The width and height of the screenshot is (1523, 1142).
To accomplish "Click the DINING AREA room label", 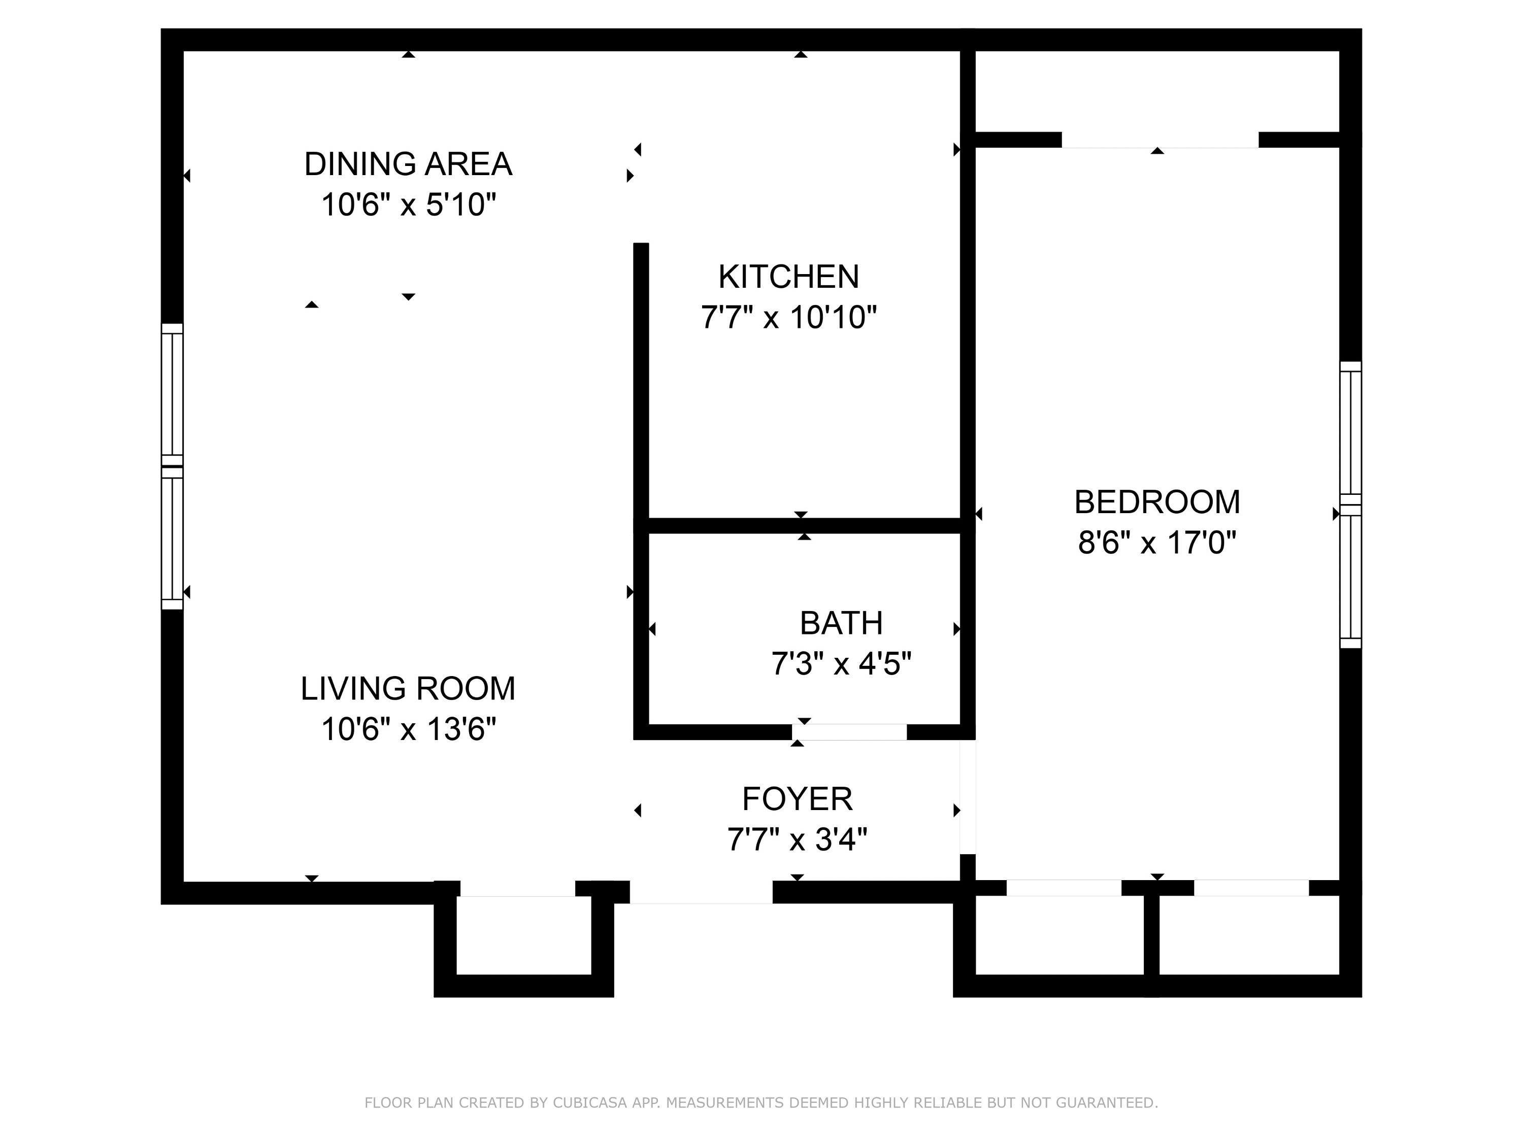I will [408, 164].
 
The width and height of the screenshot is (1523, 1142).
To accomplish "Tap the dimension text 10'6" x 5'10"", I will [408, 205].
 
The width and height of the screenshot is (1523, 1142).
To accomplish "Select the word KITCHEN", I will [788, 277].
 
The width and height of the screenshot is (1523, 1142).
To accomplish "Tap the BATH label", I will [841, 623].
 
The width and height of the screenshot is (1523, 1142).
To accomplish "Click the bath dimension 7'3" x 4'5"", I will [841, 664].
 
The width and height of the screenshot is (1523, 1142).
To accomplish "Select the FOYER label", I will [798, 798].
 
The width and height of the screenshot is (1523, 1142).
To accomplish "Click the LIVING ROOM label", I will [408, 688].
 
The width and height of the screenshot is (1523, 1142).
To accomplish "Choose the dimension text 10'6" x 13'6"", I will [408, 729].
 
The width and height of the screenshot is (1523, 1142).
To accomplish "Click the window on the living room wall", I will [172, 467].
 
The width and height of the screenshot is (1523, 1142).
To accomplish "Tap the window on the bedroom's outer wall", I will [1350, 505].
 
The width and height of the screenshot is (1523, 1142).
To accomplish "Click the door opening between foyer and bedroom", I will [968, 797].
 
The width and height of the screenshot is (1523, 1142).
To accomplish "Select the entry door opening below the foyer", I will [701, 893].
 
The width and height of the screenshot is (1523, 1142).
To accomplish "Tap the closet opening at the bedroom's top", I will [1160, 140].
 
